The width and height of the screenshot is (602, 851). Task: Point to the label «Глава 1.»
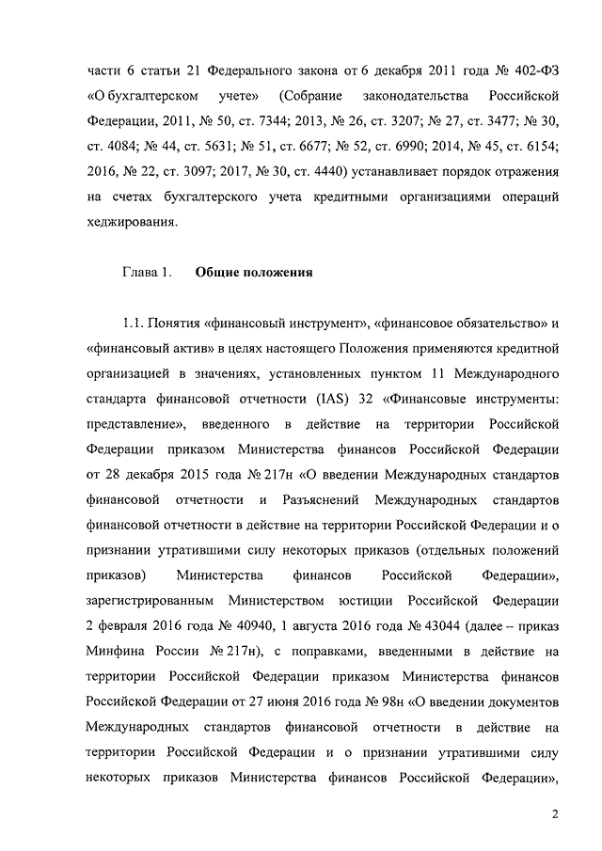pyautogui.click(x=146, y=274)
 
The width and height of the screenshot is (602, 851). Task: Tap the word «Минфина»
pyautogui.click(x=113, y=651)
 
